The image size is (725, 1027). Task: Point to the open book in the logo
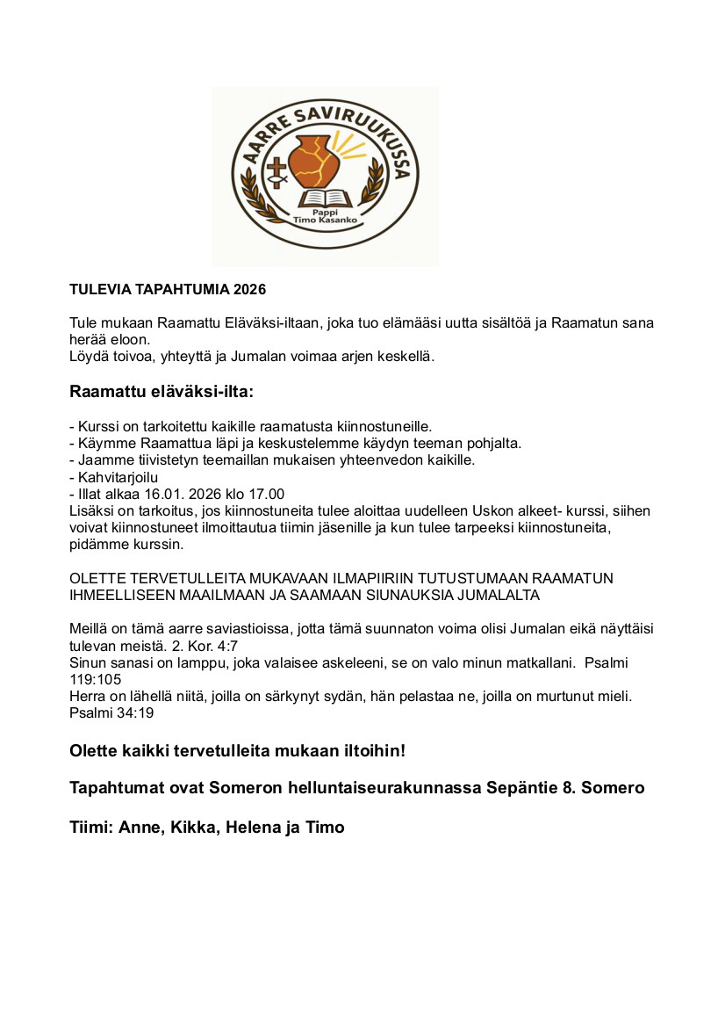click(326, 199)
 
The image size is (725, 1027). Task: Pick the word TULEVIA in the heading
click(99, 289)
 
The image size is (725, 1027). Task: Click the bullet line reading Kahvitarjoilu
click(113, 478)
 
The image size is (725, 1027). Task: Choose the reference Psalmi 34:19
click(111, 712)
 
